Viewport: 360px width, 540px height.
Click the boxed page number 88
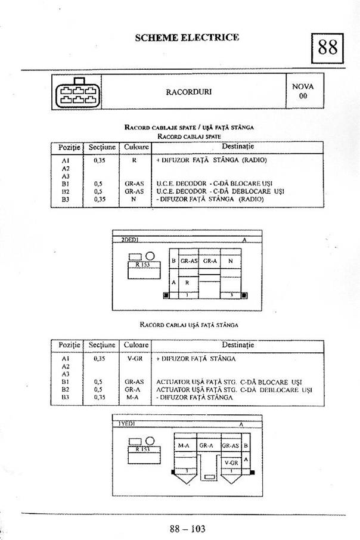click(x=328, y=47)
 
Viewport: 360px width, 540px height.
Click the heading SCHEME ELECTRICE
click(x=187, y=37)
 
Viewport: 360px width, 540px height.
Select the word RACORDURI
click(x=189, y=92)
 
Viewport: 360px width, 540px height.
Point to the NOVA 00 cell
click(x=303, y=91)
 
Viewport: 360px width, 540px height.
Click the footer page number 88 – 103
click(x=187, y=527)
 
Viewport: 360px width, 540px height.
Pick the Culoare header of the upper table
click(x=136, y=147)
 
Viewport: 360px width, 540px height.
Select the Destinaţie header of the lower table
click(x=238, y=345)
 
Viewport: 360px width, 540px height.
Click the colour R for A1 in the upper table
click(x=135, y=160)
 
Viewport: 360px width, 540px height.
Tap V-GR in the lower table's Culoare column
click(x=134, y=359)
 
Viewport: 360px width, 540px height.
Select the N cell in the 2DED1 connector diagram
click(x=231, y=260)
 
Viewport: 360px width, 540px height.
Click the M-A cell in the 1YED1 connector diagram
click(x=184, y=445)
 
